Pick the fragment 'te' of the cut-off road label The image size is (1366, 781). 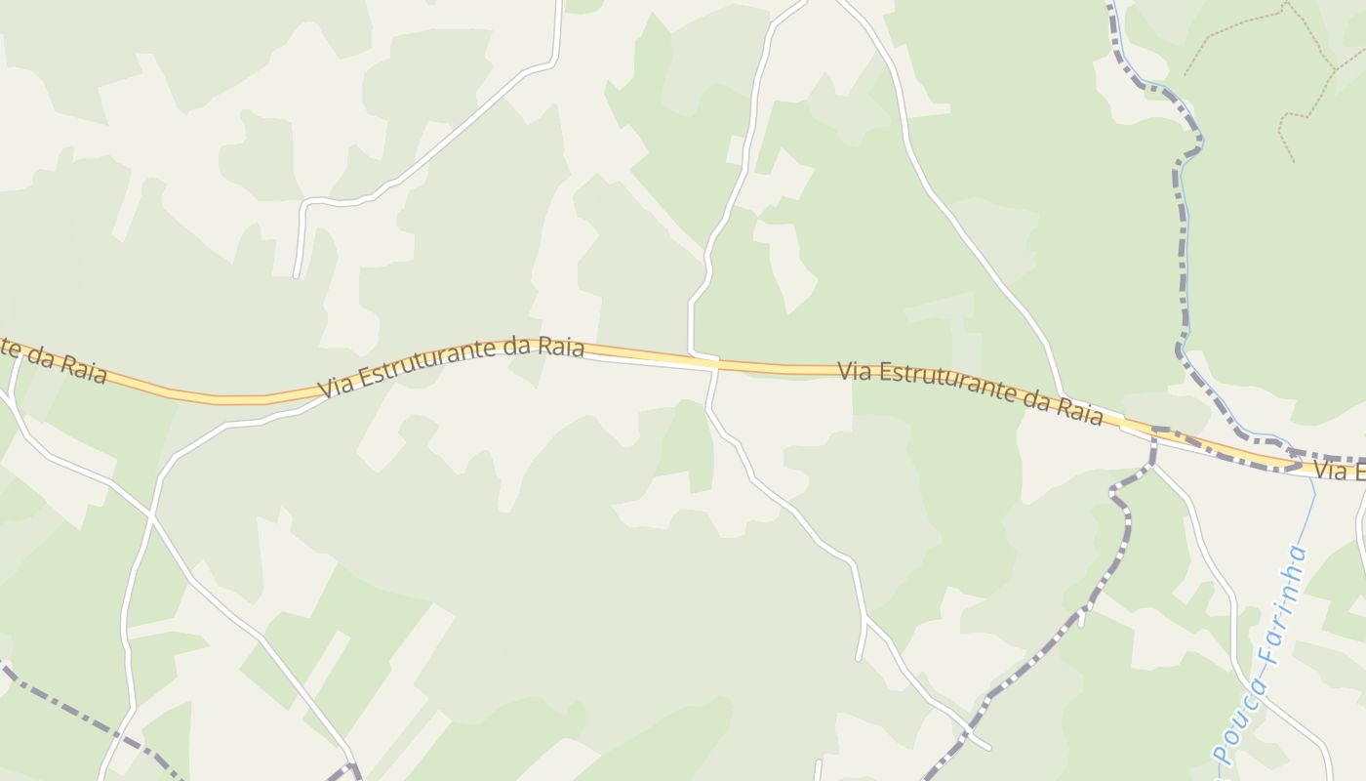(x=9, y=345)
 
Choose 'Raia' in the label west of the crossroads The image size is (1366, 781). (x=564, y=348)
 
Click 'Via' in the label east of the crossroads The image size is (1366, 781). (x=855, y=371)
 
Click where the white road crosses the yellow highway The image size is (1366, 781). (x=715, y=363)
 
